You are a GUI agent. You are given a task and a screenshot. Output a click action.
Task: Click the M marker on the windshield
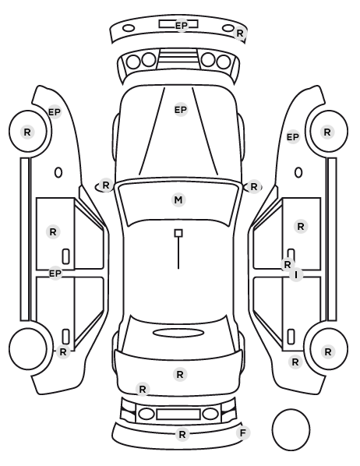178,199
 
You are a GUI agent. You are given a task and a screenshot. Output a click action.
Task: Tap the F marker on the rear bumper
243,433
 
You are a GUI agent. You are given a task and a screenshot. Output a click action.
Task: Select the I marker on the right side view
296,274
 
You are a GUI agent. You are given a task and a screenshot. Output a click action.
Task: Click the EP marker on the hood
181,110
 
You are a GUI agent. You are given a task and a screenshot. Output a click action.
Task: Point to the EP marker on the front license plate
182,26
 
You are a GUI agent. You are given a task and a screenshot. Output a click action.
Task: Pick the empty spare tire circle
291,429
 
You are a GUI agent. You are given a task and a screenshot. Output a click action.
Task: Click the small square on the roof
178,233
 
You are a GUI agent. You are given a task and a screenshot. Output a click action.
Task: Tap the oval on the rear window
178,333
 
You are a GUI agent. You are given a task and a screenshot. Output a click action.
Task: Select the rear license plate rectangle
178,414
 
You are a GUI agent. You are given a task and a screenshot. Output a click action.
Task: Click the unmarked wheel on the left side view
28,348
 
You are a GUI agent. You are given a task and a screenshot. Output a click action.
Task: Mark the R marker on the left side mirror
106,185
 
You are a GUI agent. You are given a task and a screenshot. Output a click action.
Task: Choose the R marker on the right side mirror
253,187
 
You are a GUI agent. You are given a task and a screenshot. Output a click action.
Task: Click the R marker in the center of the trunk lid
180,375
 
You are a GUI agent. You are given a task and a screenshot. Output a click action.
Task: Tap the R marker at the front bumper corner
239,33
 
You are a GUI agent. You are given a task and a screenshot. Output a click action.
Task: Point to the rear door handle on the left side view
65,337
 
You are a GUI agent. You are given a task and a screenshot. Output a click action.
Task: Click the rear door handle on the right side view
291,337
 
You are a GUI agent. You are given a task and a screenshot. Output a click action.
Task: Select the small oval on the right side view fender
298,173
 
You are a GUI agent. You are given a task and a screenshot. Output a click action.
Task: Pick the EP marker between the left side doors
55,273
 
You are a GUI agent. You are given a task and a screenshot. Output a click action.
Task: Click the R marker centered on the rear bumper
182,435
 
